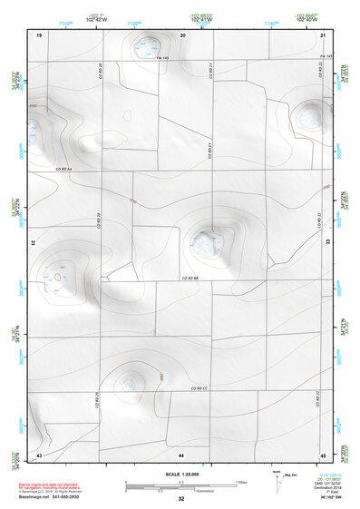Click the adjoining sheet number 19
click(x=39, y=34)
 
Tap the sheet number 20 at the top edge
click(x=181, y=34)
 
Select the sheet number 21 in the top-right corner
click(x=323, y=34)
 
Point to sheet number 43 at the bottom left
click(x=39, y=454)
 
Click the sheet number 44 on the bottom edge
click(x=181, y=454)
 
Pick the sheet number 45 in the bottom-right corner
click(x=323, y=454)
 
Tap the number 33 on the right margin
click(x=326, y=242)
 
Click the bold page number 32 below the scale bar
click(x=181, y=499)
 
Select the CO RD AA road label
click(x=63, y=170)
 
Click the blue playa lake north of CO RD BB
click(x=205, y=241)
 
